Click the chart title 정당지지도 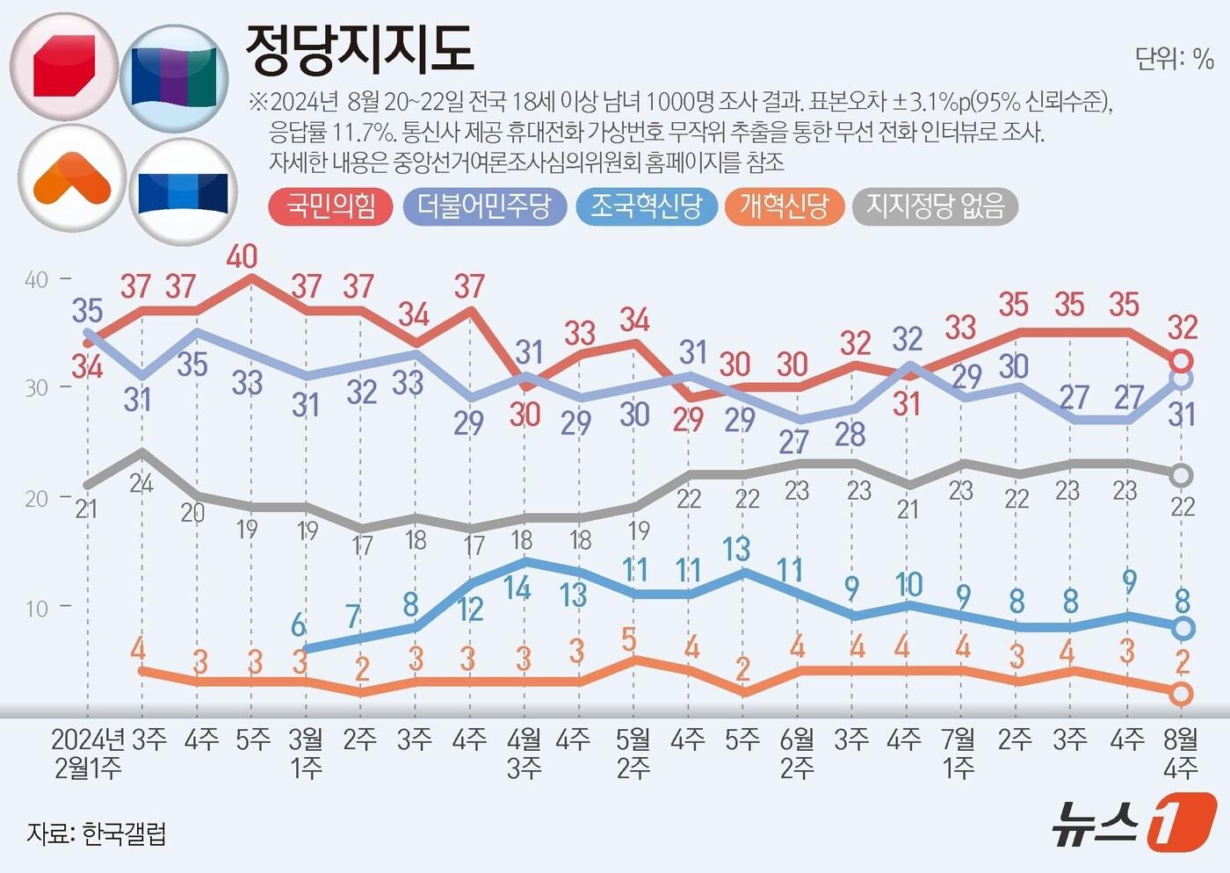tap(358, 49)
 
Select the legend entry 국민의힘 tap(330, 206)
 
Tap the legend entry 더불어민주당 tap(484, 206)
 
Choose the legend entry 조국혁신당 tap(646, 206)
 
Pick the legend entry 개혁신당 tap(784, 206)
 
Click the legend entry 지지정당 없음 tap(935, 206)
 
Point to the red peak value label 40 tap(242, 256)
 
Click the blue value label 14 tap(517, 588)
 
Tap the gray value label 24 tap(141, 482)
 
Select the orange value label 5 tap(629, 639)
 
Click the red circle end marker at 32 tap(1182, 360)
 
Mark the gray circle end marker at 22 tap(1182, 475)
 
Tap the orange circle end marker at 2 tap(1182, 694)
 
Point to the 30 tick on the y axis tap(37, 388)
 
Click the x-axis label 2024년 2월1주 tap(87, 754)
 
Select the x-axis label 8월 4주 tap(1181, 754)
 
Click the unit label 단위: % tap(1174, 59)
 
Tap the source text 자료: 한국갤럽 tap(96, 833)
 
